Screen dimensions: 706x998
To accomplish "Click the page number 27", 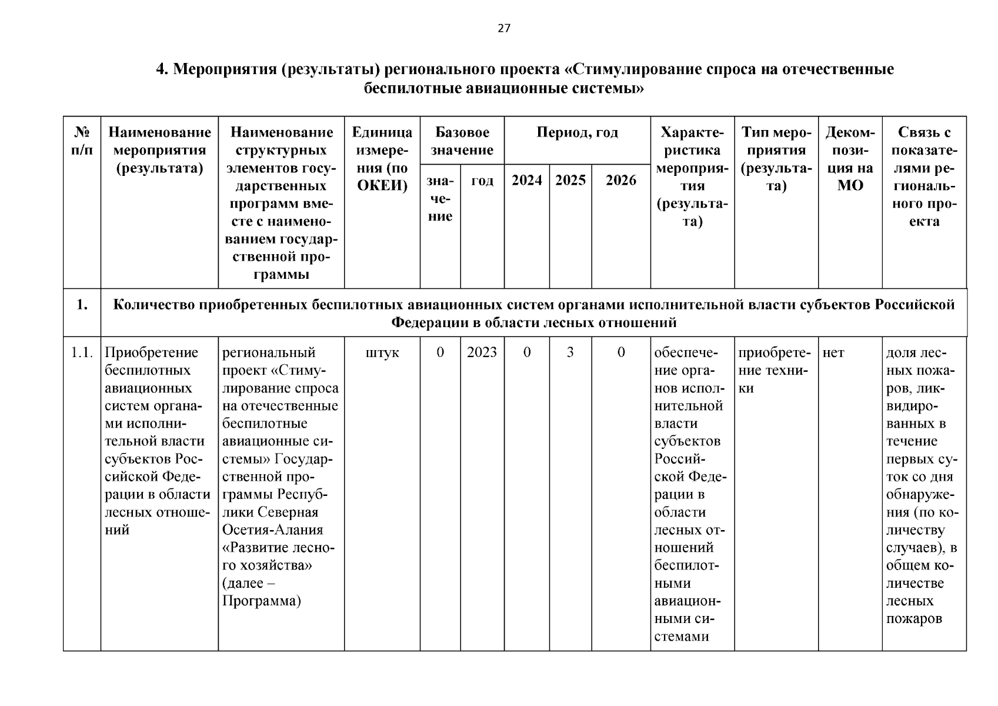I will (x=504, y=28).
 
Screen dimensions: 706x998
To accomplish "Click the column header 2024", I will (x=526, y=180).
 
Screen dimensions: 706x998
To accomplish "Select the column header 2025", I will (x=570, y=180).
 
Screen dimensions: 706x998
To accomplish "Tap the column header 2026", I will (x=621, y=180).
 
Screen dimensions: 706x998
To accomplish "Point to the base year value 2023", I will (x=482, y=352).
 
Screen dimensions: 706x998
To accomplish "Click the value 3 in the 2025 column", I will (x=570, y=352).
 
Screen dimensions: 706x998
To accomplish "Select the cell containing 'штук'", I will (x=382, y=352).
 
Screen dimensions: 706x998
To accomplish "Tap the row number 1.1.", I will (x=82, y=352).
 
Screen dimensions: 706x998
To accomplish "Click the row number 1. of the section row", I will (x=82, y=305).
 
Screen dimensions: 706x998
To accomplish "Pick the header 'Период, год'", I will (x=577, y=132).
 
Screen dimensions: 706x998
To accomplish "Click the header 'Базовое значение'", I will (x=462, y=141).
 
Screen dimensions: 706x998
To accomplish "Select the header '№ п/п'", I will (x=82, y=141).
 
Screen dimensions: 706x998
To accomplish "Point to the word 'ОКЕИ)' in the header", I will (x=382, y=186).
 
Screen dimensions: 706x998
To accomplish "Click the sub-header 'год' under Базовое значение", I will (x=482, y=180).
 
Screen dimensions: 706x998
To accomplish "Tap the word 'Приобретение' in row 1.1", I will (x=151, y=352).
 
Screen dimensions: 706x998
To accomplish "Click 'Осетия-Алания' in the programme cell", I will (x=272, y=530).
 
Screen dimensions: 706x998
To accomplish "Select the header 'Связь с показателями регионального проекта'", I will (x=923, y=176).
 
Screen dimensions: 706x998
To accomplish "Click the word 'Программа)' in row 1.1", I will (x=262, y=601).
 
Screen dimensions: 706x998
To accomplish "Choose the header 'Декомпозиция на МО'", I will (x=850, y=159).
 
